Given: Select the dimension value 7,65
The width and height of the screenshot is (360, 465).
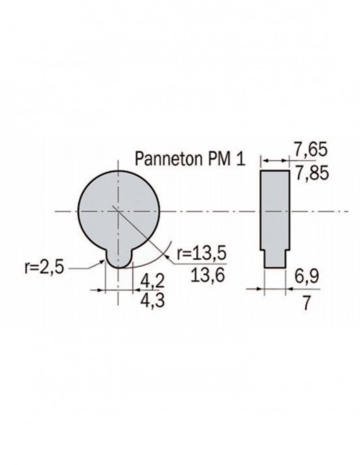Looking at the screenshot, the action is coord(311,150).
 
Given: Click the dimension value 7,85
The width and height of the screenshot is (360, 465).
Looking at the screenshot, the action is coord(312,174).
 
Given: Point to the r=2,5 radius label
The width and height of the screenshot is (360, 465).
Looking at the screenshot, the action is coord(45,268).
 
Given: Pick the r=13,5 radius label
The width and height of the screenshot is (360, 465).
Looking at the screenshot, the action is coord(202,254).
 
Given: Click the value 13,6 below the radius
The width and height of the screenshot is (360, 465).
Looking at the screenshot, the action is coord(208,275).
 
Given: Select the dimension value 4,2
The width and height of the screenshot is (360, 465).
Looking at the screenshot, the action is coord(152,280).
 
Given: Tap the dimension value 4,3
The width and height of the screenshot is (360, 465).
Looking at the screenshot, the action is coord(152,301).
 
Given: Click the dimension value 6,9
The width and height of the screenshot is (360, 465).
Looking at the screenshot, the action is coord(307,276).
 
